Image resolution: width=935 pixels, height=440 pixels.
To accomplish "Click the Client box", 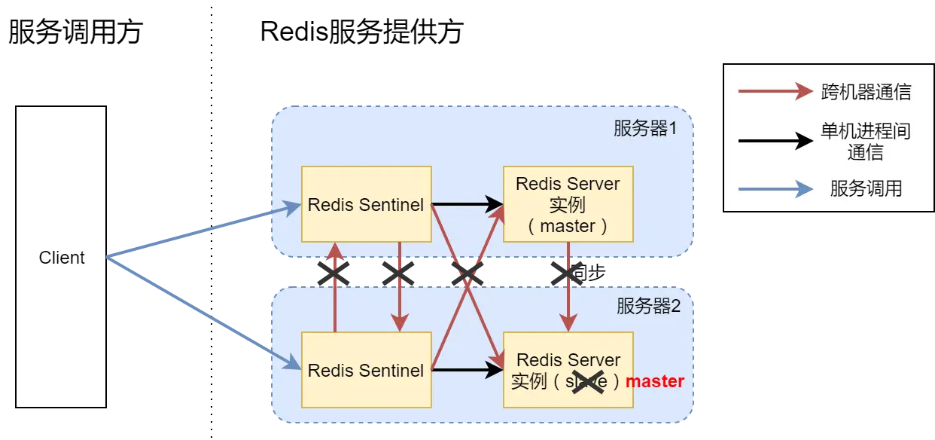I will click(61, 258).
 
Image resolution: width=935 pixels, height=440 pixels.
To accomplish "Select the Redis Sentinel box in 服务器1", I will click(366, 204).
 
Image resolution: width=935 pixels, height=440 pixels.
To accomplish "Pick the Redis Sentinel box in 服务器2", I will click(366, 370).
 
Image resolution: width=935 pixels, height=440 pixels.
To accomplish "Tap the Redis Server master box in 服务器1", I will click(568, 204).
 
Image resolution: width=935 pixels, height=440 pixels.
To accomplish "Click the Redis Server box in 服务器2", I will click(568, 370).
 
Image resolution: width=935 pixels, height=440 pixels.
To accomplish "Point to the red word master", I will click(655, 381).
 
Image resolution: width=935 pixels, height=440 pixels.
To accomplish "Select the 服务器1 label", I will click(645, 128).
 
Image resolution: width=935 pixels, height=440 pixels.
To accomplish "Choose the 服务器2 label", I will click(648, 306).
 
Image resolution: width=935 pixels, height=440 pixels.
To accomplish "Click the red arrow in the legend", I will click(775, 93).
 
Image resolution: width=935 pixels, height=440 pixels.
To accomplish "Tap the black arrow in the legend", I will click(775, 141).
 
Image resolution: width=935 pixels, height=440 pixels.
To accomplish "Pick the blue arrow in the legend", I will click(775, 188).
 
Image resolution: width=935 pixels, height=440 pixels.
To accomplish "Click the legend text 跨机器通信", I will click(866, 93).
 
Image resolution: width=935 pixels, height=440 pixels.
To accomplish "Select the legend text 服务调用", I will click(866, 188).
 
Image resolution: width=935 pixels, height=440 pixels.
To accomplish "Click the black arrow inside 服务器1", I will click(467, 204).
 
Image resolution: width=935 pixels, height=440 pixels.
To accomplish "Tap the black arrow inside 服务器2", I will click(467, 370).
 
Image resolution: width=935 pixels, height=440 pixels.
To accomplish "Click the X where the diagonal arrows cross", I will click(467, 273).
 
